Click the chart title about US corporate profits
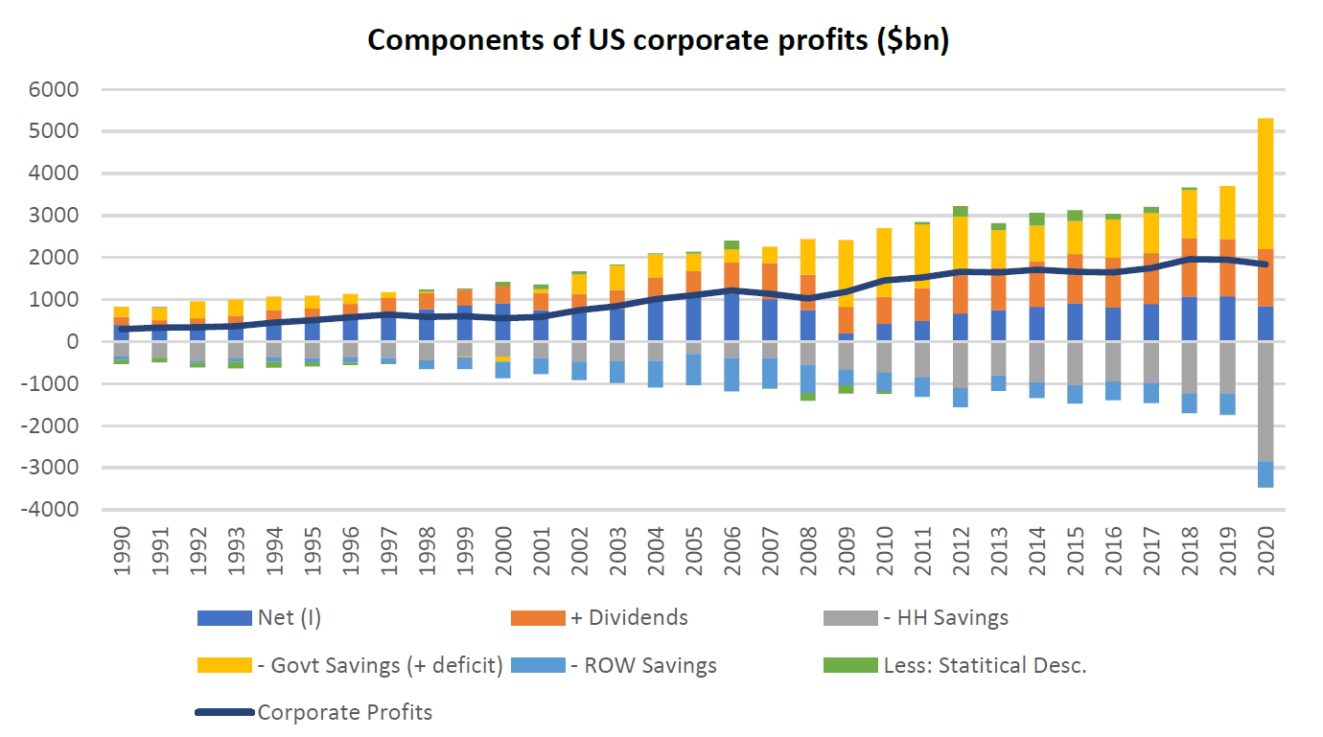click(658, 41)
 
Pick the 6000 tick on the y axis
click(58, 89)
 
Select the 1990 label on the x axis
click(122, 554)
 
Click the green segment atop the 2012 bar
click(960, 211)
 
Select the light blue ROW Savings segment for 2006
click(732, 375)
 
